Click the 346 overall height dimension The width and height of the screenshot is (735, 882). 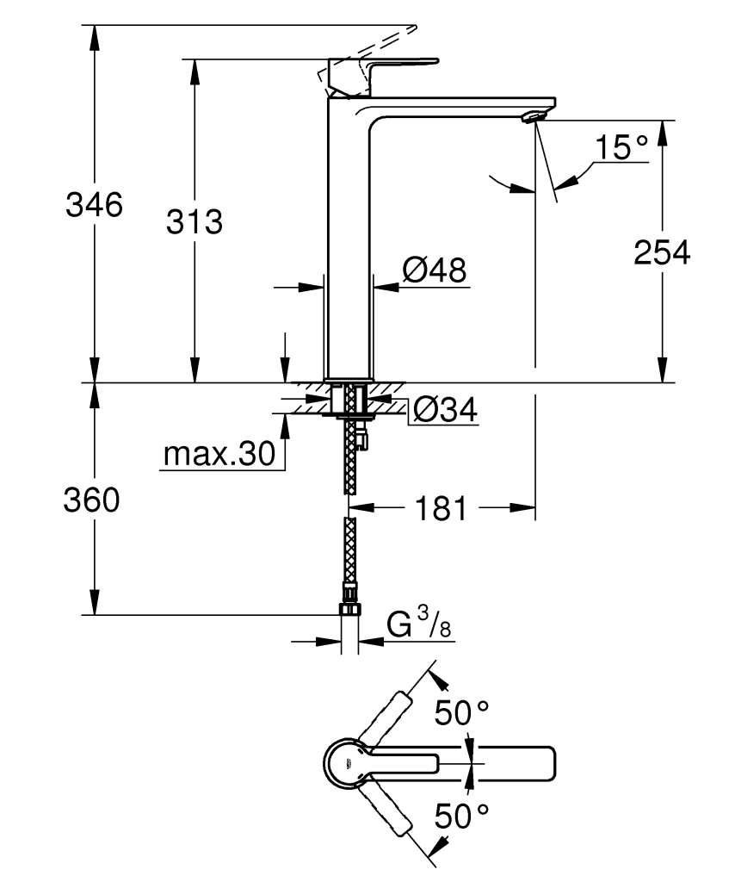[x=94, y=206]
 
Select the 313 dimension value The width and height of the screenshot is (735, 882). [x=195, y=221]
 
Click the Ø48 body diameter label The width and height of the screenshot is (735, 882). [x=434, y=271]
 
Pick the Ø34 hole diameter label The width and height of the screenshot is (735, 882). [x=444, y=410]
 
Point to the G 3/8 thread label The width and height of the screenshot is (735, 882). [x=418, y=624]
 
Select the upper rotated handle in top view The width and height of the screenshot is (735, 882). [x=385, y=717]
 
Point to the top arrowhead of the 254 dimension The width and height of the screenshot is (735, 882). [x=661, y=129]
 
